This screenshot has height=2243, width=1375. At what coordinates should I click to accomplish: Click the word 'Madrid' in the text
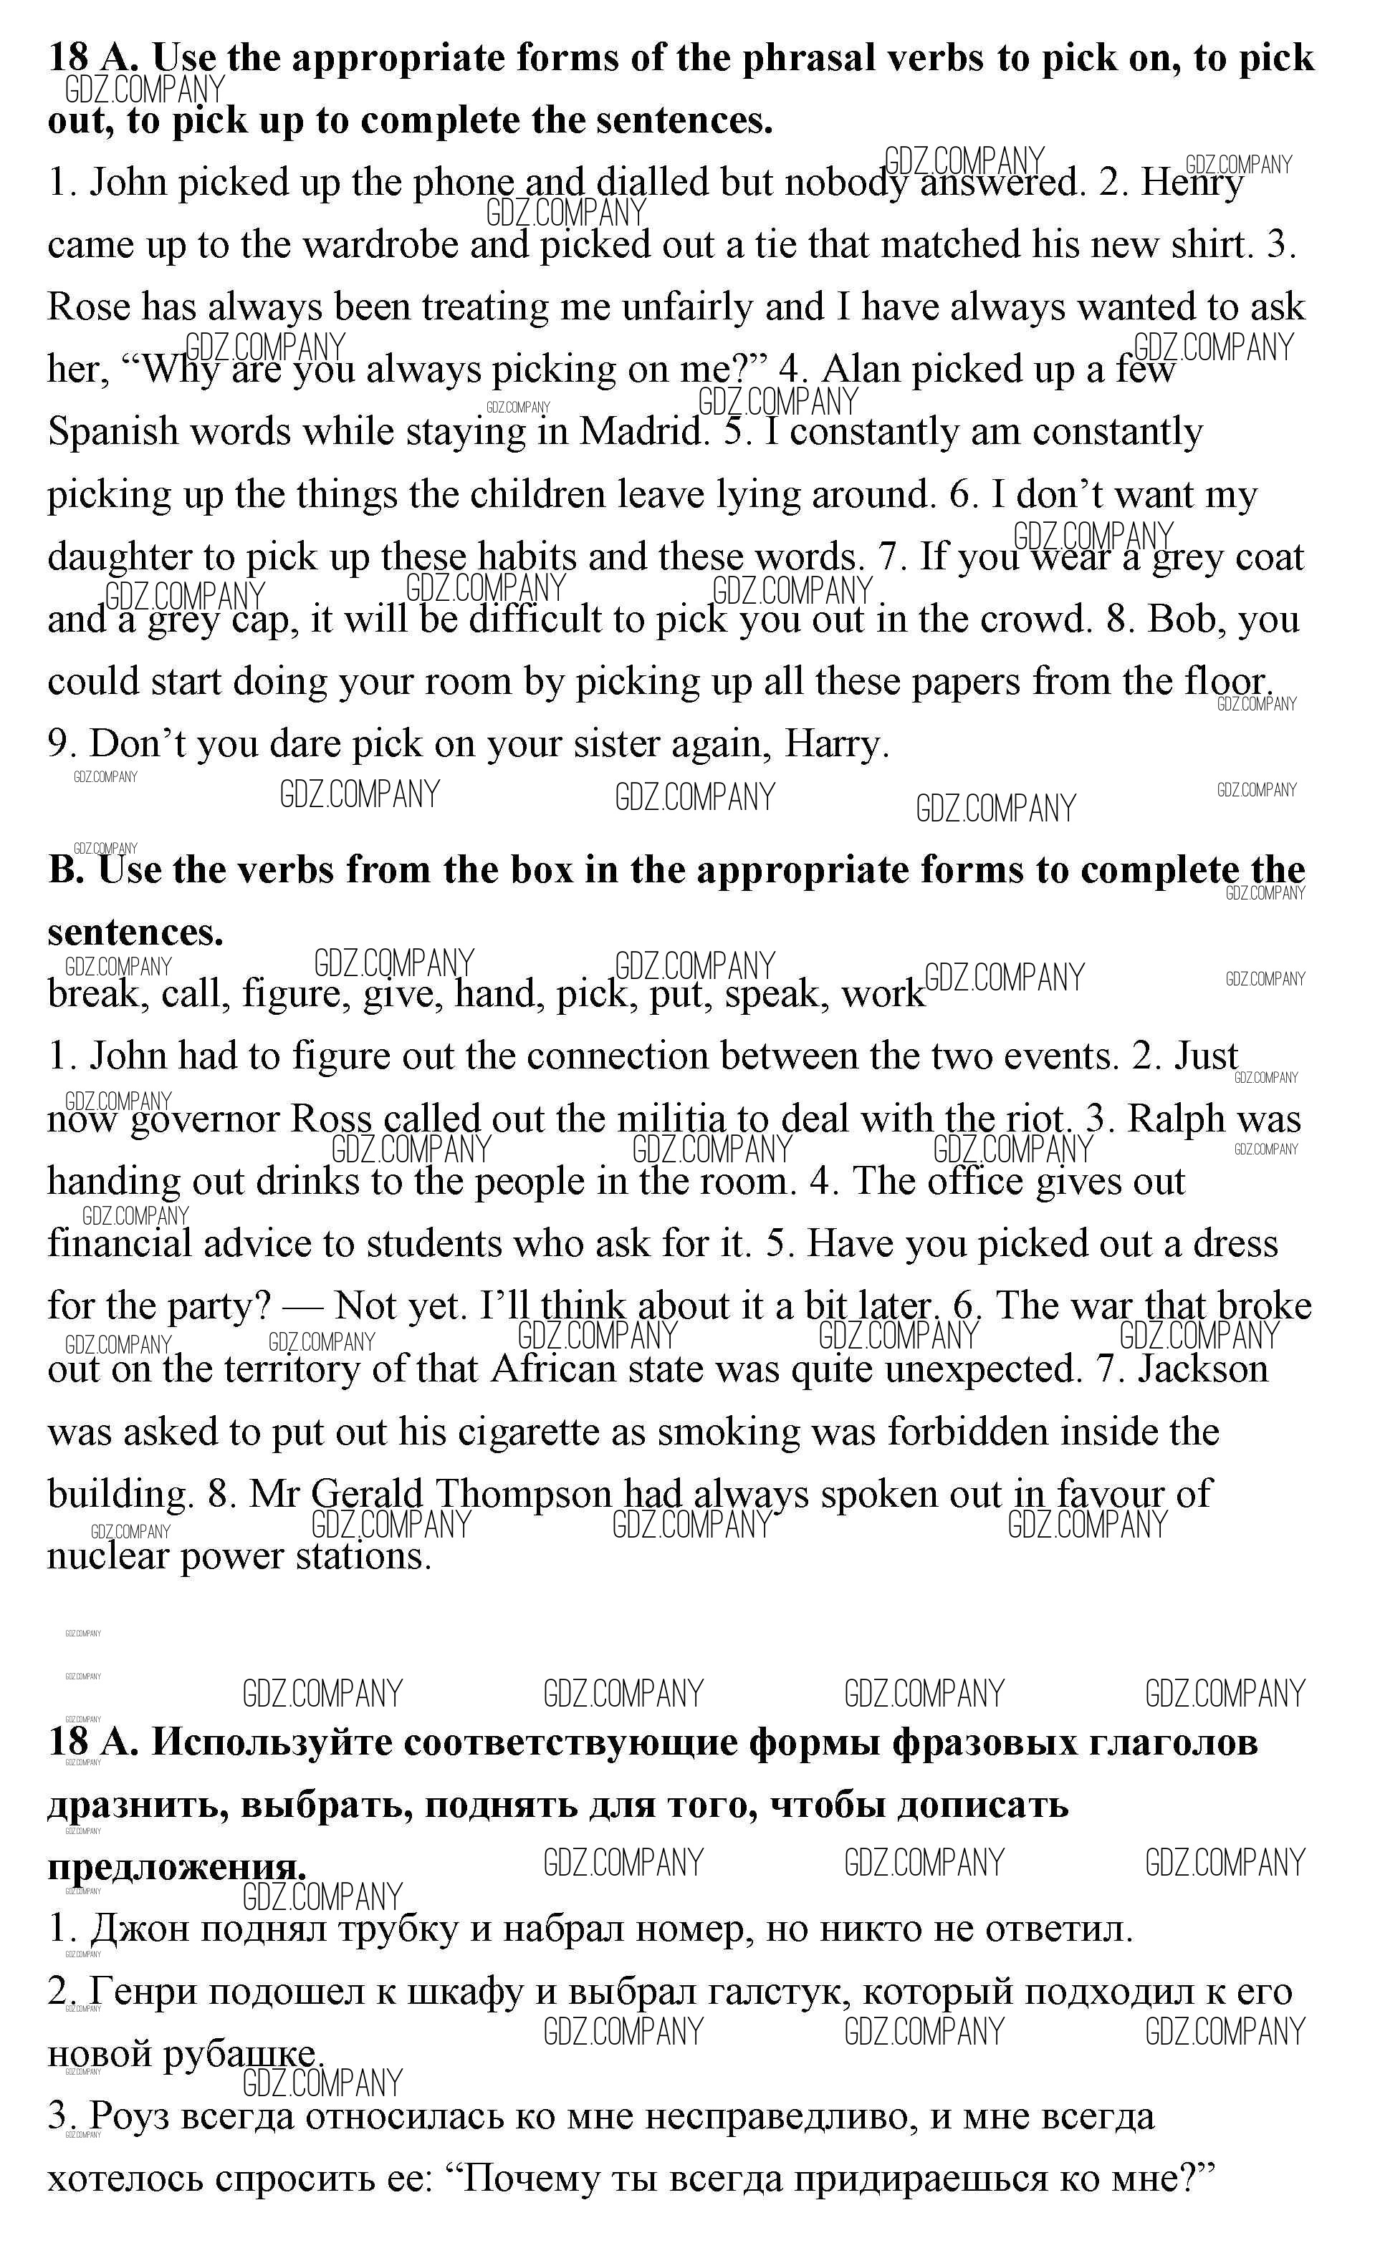643,432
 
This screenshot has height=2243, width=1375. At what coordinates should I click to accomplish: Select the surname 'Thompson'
522,1495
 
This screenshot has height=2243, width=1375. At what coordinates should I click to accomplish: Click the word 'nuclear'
107,1557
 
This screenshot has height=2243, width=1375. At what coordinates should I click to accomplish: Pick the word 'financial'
119,1245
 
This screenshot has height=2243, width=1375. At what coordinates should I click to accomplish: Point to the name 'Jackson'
1203,1369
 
